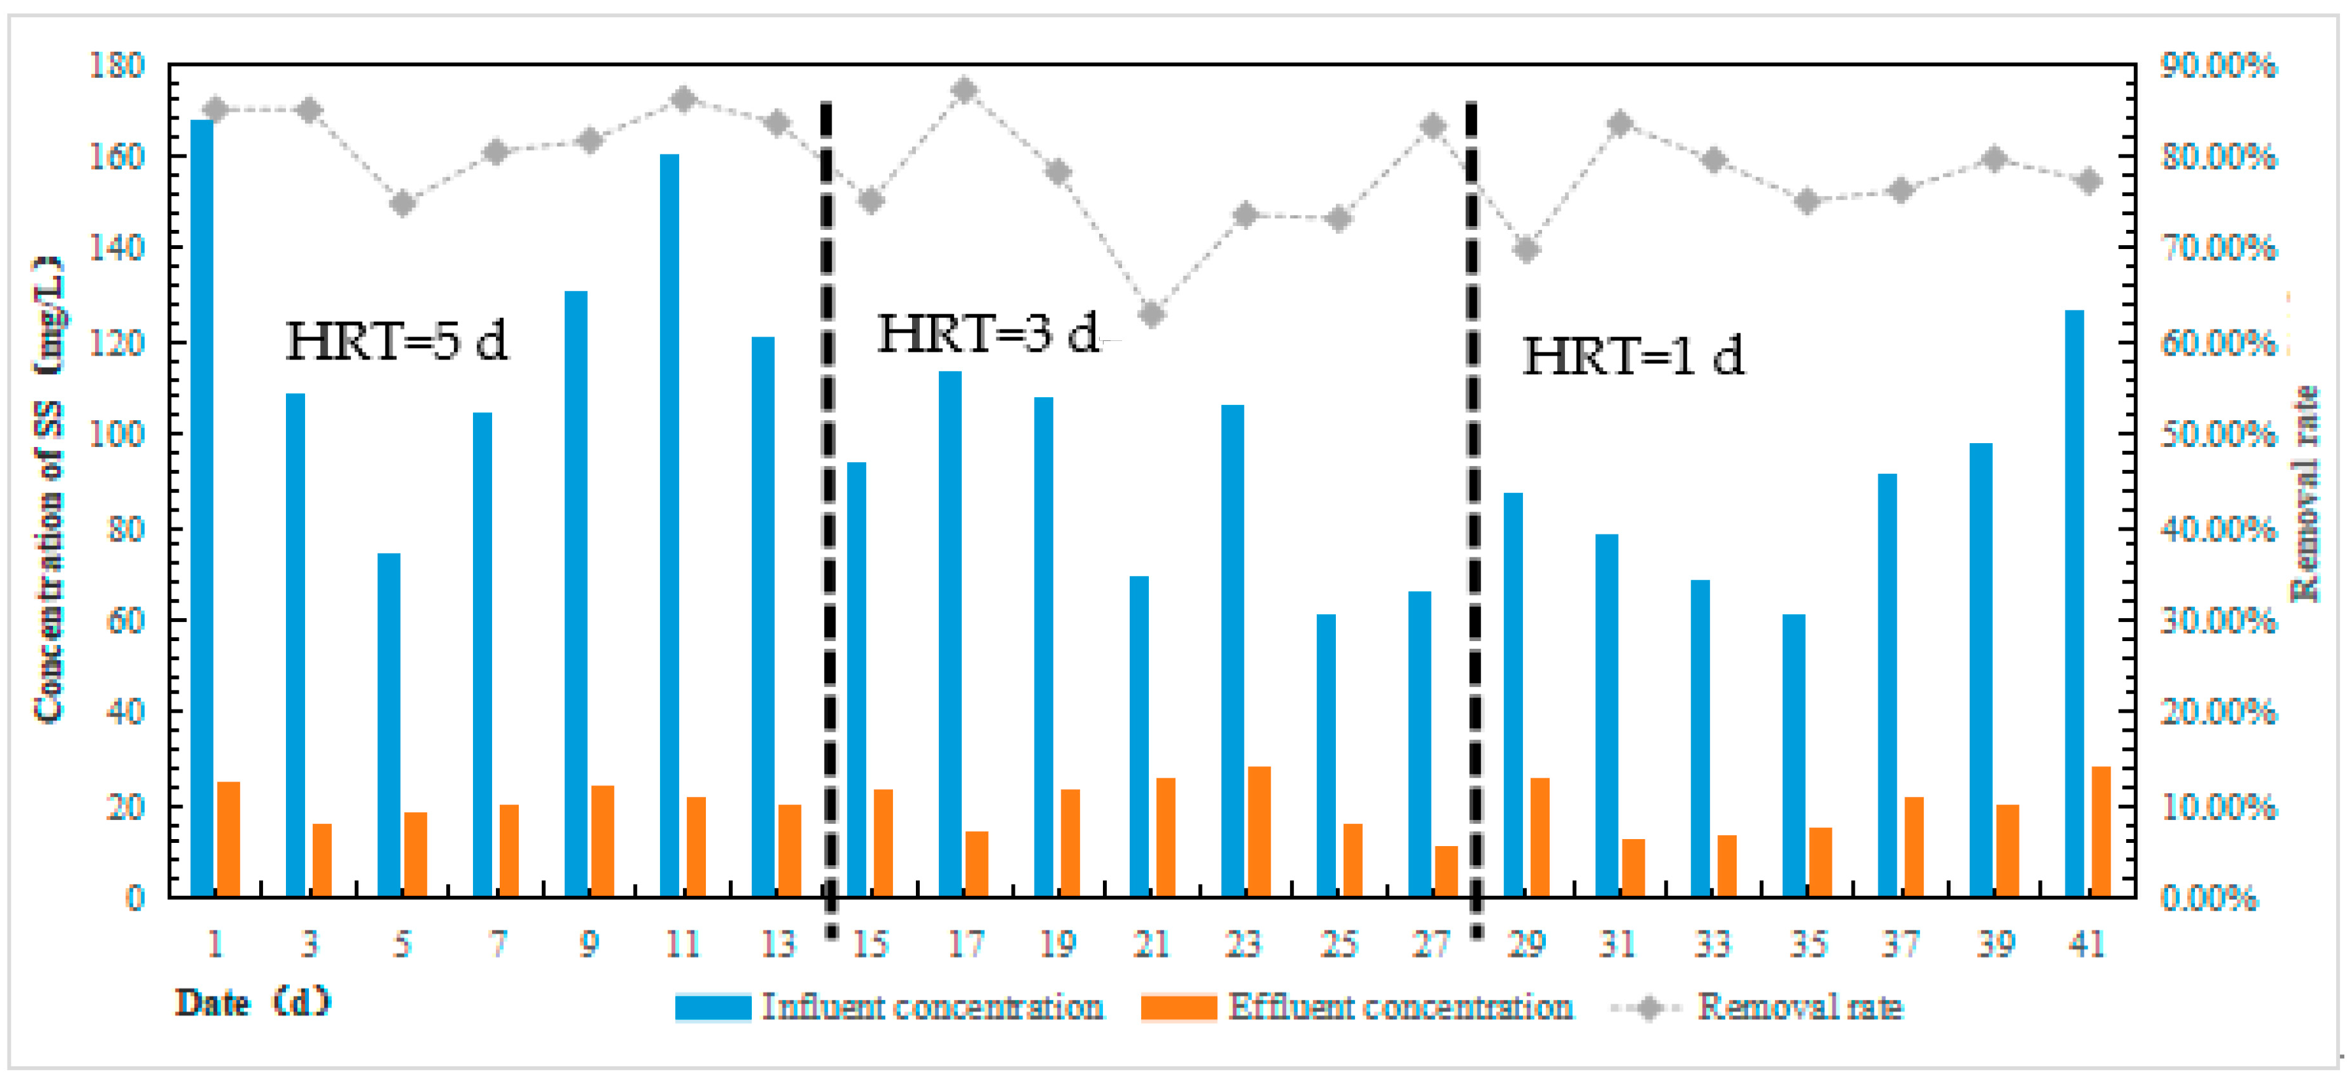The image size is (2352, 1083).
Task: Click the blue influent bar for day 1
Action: click(202, 508)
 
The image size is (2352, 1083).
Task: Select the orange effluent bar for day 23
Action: click(1259, 831)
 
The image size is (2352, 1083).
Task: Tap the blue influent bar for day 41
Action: click(2074, 603)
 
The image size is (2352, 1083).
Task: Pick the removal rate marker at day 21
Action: click(1152, 315)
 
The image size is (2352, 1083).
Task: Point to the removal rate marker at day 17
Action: click(965, 91)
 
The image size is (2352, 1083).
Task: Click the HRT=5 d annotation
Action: click(397, 342)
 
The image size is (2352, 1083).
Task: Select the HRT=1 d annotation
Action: click(1633, 356)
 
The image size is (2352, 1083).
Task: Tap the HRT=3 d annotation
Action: click(988, 333)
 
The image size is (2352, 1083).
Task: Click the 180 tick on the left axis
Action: click(117, 66)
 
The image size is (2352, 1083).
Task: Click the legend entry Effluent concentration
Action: click(1399, 1006)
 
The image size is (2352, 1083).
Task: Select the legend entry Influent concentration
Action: click(931, 1006)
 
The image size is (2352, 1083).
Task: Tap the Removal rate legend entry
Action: click(1799, 1006)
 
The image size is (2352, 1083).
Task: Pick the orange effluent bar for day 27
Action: click(1446, 871)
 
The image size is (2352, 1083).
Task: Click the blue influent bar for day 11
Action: click(670, 525)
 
